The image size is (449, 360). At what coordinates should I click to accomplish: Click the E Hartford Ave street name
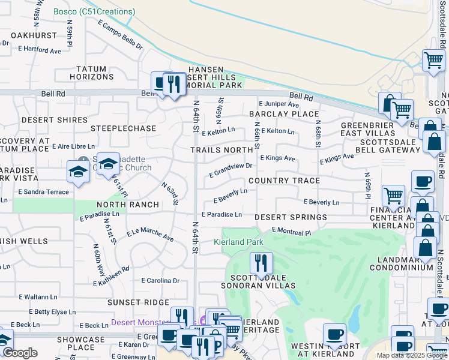click(40, 51)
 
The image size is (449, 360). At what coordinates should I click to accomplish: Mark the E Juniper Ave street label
click(278, 104)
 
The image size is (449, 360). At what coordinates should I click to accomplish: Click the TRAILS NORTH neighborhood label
click(221, 149)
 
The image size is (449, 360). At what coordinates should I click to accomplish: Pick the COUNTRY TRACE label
click(284, 181)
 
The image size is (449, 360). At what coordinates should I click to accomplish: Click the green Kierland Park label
click(238, 242)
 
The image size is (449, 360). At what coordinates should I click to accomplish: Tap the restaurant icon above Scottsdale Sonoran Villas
click(261, 263)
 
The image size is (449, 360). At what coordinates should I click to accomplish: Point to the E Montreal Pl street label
click(292, 231)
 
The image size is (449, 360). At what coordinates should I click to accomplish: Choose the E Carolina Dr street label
click(160, 280)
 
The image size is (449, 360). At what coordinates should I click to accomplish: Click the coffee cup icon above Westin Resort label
click(334, 334)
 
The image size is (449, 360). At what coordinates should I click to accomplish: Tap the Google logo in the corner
click(20, 353)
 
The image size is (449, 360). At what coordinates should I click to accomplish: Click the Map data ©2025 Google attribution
click(412, 355)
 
